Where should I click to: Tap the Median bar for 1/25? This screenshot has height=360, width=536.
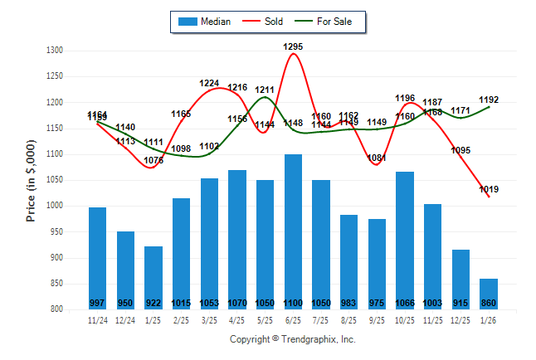(153, 277)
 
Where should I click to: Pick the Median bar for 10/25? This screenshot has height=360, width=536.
(405, 240)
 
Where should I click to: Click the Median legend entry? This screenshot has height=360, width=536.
(207, 22)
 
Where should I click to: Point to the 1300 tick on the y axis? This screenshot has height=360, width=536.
(54, 51)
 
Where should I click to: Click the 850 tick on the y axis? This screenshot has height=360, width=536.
(56, 284)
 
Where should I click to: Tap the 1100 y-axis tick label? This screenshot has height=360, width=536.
(54, 154)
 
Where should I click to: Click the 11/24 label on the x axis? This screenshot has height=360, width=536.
(98, 319)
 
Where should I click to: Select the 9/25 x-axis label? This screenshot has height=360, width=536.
(377, 319)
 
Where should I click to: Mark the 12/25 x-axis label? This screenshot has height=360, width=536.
(460, 319)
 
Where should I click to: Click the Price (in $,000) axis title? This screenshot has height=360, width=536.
(31, 180)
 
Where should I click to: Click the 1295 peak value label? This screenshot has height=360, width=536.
(293, 47)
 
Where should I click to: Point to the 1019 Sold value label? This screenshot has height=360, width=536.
(489, 189)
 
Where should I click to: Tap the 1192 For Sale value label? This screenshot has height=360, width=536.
(489, 100)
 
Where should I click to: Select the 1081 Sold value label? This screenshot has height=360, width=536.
(377, 158)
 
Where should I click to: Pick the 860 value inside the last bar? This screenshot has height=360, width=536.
(489, 303)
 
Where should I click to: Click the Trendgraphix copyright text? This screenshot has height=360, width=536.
(292, 339)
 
